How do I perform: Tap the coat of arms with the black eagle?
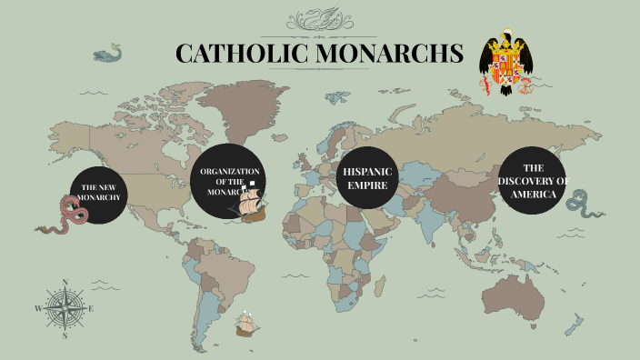pos(508,64)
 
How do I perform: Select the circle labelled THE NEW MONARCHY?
pos(100,194)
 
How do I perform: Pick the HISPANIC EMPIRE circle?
pos(366,177)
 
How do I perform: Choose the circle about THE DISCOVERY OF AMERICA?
pos(533,181)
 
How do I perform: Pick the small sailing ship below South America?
pos(245,324)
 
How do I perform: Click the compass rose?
pos(65,308)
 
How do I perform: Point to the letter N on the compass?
pos(65,282)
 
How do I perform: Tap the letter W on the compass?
pos(38,309)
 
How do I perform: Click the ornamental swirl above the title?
pos(319,18)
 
